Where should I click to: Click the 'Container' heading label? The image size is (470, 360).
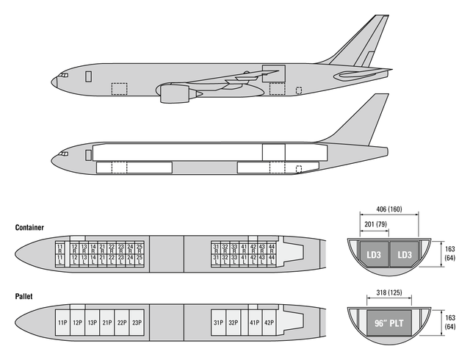click(29, 228)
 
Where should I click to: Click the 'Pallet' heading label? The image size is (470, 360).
click(24, 297)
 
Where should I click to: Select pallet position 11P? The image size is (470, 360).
click(62, 323)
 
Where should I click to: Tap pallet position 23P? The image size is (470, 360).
click(137, 323)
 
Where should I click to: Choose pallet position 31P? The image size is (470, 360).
click(218, 323)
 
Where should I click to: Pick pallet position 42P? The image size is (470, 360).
click(270, 323)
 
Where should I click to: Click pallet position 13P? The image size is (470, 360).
click(92, 323)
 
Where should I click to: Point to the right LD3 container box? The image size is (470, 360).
click(403, 254)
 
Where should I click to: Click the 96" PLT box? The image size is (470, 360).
click(388, 323)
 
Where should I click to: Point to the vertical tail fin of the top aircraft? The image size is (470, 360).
click(364, 40)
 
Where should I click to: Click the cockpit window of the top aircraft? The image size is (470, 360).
click(64, 75)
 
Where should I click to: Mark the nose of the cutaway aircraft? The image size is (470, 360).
click(53, 159)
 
